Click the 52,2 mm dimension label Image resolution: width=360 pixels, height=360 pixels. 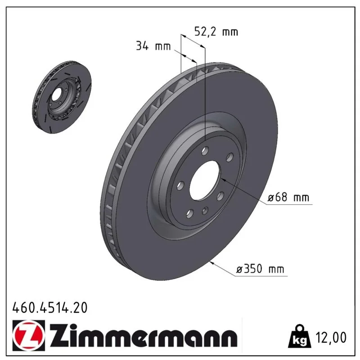216,31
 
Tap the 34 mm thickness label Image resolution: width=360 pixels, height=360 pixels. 153,46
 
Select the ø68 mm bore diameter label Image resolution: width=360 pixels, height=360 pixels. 288,197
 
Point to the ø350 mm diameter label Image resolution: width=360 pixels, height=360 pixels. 260,269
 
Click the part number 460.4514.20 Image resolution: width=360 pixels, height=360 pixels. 50,307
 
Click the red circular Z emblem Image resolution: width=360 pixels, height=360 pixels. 29,335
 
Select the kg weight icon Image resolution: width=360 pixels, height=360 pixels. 300,336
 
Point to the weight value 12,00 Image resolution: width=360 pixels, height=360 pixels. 331,337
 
